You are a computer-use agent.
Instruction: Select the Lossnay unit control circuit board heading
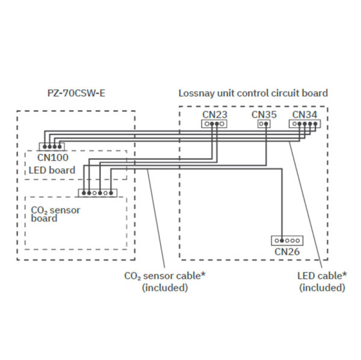[x=253, y=93]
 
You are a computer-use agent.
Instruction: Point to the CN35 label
[x=264, y=114]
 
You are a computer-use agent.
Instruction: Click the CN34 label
[x=304, y=114]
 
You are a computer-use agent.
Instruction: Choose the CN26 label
[x=287, y=252]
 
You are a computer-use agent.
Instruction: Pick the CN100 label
[x=52, y=158]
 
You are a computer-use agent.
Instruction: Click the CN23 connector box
[x=214, y=124]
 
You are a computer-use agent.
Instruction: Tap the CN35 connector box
[x=264, y=124]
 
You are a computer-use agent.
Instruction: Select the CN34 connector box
[x=304, y=124]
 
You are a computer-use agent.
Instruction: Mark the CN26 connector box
[x=287, y=240]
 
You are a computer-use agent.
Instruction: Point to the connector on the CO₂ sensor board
[x=97, y=193]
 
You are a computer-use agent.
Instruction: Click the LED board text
[x=52, y=170]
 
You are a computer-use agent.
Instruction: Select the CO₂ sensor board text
[x=55, y=214]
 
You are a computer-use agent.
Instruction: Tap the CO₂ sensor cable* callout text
[x=164, y=276]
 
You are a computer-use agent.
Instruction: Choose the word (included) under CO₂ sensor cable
[x=164, y=288]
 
